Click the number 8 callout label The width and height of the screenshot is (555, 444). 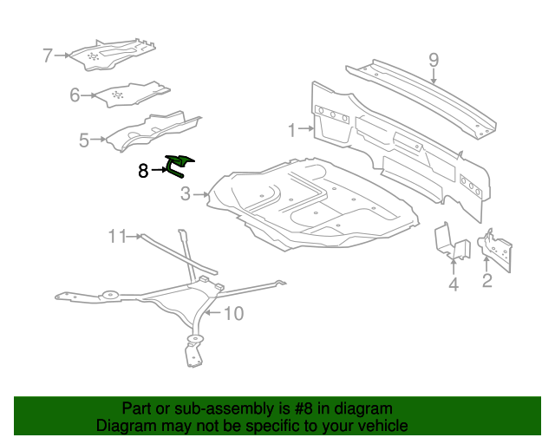143,171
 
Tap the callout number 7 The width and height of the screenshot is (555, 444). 48,55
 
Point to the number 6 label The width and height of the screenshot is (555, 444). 75,95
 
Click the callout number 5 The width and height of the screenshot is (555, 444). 84,140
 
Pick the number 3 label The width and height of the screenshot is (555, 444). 186,194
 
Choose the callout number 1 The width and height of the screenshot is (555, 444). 291,130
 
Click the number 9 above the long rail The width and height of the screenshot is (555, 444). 434,60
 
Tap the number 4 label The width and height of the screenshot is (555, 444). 454,284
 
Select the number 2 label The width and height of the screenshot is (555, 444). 487,280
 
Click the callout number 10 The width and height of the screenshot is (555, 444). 234,313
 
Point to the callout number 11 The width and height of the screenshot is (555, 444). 117,236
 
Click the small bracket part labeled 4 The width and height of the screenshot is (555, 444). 451,242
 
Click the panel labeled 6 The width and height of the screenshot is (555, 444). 133,95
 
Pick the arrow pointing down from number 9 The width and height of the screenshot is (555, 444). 434,76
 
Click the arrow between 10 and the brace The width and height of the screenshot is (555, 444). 213,313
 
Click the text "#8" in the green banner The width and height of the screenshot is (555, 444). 304,408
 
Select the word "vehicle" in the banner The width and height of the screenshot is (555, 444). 385,425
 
